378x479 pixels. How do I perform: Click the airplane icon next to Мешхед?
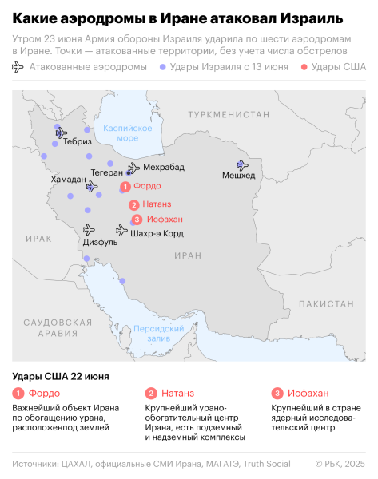[x=237, y=162]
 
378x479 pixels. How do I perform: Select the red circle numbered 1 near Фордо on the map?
[x=125, y=186]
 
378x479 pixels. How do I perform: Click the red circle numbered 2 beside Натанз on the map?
[x=133, y=205]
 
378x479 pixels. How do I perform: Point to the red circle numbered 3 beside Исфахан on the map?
[x=137, y=220]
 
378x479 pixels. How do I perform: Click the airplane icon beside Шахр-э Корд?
[x=121, y=230]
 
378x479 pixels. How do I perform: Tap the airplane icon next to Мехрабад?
[x=133, y=167]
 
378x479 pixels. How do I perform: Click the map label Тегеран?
[x=107, y=172]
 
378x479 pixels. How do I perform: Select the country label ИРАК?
[x=38, y=239]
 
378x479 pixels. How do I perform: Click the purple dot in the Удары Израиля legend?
[x=163, y=68]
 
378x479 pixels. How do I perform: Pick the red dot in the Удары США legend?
[x=304, y=68]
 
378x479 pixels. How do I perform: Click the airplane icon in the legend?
[x=18, y=68]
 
